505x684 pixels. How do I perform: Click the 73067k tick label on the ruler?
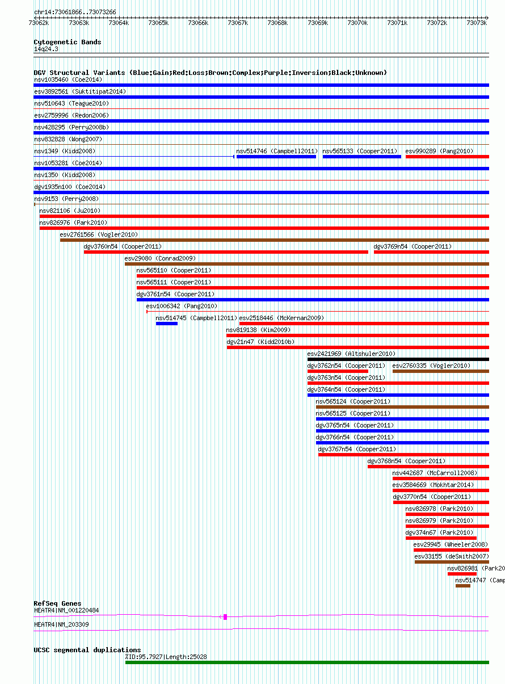238,23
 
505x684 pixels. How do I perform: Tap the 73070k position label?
357,23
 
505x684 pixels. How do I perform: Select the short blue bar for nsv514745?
166,324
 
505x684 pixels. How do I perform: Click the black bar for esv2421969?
398,359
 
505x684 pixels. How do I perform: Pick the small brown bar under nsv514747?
463,586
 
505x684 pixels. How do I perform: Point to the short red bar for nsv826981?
462,574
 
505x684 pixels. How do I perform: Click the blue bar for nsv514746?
276,157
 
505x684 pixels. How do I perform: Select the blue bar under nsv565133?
362,157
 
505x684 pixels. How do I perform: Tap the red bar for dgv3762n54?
338,371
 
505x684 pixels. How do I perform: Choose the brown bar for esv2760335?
441,371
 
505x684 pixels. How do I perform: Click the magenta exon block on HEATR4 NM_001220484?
225,617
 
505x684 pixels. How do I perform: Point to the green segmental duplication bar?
307,662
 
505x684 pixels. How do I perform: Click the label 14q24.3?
46,49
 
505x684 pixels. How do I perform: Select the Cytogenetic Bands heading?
67,42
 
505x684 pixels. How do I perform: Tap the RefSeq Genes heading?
57,603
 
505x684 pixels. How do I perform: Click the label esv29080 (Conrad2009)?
160,258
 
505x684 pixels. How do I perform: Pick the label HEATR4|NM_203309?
61,624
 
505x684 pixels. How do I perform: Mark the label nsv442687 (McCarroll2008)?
435,473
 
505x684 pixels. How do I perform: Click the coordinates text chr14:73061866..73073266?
75,12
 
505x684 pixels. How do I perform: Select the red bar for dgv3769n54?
431,252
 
